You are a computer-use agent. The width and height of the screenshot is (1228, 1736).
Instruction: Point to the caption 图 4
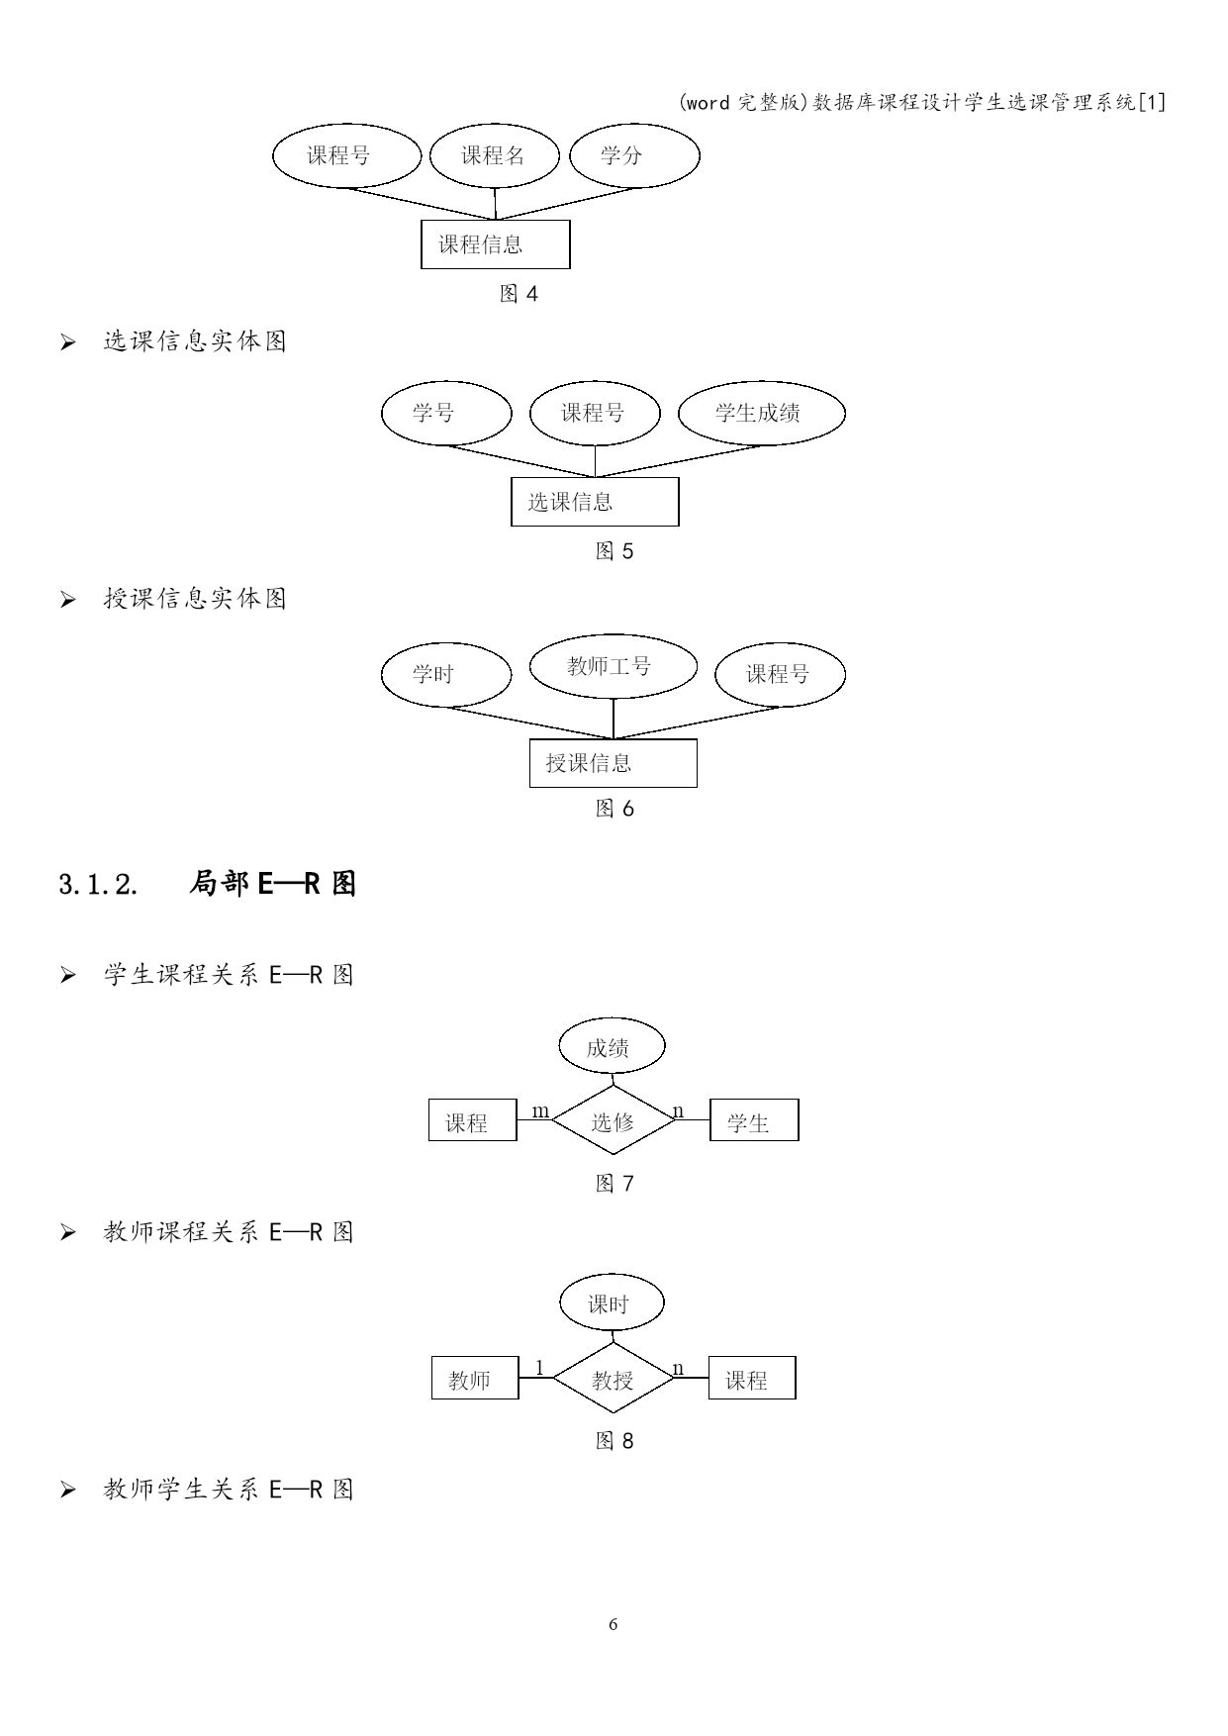coord(520,294)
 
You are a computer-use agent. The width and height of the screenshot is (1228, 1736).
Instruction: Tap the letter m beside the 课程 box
coord(540,1111)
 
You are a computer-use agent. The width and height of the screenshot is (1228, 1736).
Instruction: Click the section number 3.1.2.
coord(98,884)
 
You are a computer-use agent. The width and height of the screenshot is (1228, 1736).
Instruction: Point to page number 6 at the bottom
coord(614,1624)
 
